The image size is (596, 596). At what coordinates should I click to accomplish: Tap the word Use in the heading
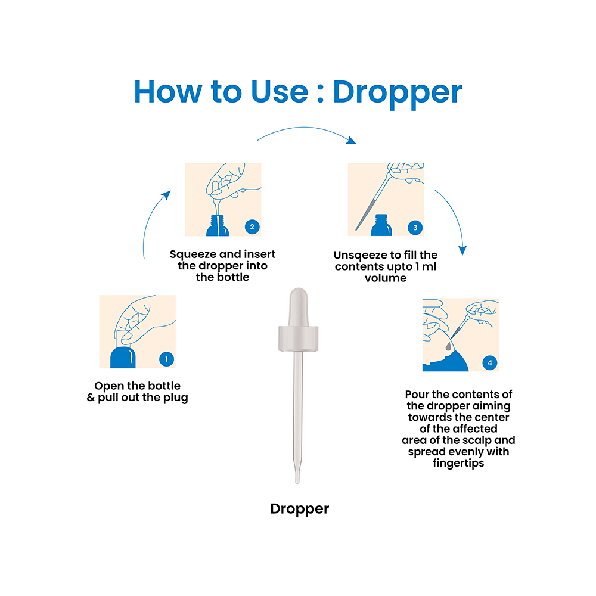pyautogui.click(x=280, y=92)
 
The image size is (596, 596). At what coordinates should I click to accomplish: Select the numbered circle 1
pyautogui.click(x=166, y=359)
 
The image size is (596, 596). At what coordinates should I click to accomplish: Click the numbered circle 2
pyautogui.click(x=252, y=227)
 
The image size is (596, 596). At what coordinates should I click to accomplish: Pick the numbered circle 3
pyautogui.click(x=415, y=227)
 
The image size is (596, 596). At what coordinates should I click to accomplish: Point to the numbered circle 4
pyautogui.click(x=489, y=362)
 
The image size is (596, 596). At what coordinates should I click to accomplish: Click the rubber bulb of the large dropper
pyautogui.click(x=299, y=307)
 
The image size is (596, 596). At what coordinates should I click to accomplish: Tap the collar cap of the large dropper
pyautogui.click(x=299, y=339)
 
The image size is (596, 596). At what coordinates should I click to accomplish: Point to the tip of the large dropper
pyautogui.click(x=297, y=483)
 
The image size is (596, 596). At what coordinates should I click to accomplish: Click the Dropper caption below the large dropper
pyautogui.click(x=300, y=509)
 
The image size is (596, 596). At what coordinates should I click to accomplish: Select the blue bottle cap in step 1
pyautogui.click(x=123, y=357)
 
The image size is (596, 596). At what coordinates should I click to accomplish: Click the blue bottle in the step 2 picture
pyautogui.click(x=218, y=226)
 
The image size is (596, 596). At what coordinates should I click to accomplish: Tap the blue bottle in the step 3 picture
pyautogui.click(x=381, y=225)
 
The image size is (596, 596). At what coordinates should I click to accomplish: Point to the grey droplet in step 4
pyautogui.click(x=449, y=346)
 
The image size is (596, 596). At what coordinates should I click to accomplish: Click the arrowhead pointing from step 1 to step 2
pyautogui.click(x=166, y=195)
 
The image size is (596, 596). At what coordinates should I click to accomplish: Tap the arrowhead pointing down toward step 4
pyautogui.click(x=462, y=250)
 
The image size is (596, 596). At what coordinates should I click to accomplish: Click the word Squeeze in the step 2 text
pyautogui.click(x=191, y=254)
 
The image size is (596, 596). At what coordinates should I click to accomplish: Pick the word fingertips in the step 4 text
pyautogui.click(x=458, y=463)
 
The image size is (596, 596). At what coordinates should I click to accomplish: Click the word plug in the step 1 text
pyautogui.click(x=176, y=398)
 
